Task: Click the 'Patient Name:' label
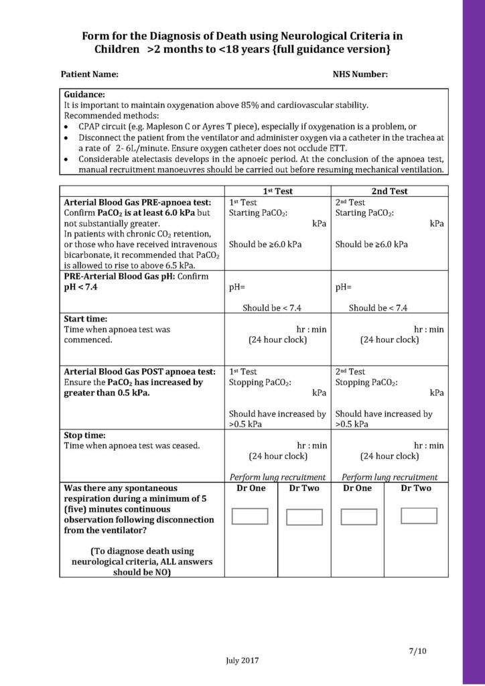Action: (90, 74)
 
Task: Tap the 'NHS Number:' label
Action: (360, 74)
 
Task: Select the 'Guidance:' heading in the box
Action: (84, 95)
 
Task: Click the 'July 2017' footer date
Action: (242, 660)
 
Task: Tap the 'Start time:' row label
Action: (85, 319)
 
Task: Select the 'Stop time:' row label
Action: (84, 435)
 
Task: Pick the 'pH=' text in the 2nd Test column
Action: (344, 287)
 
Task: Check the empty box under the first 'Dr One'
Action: (249, 517)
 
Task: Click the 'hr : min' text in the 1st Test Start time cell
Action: (311, 330)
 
